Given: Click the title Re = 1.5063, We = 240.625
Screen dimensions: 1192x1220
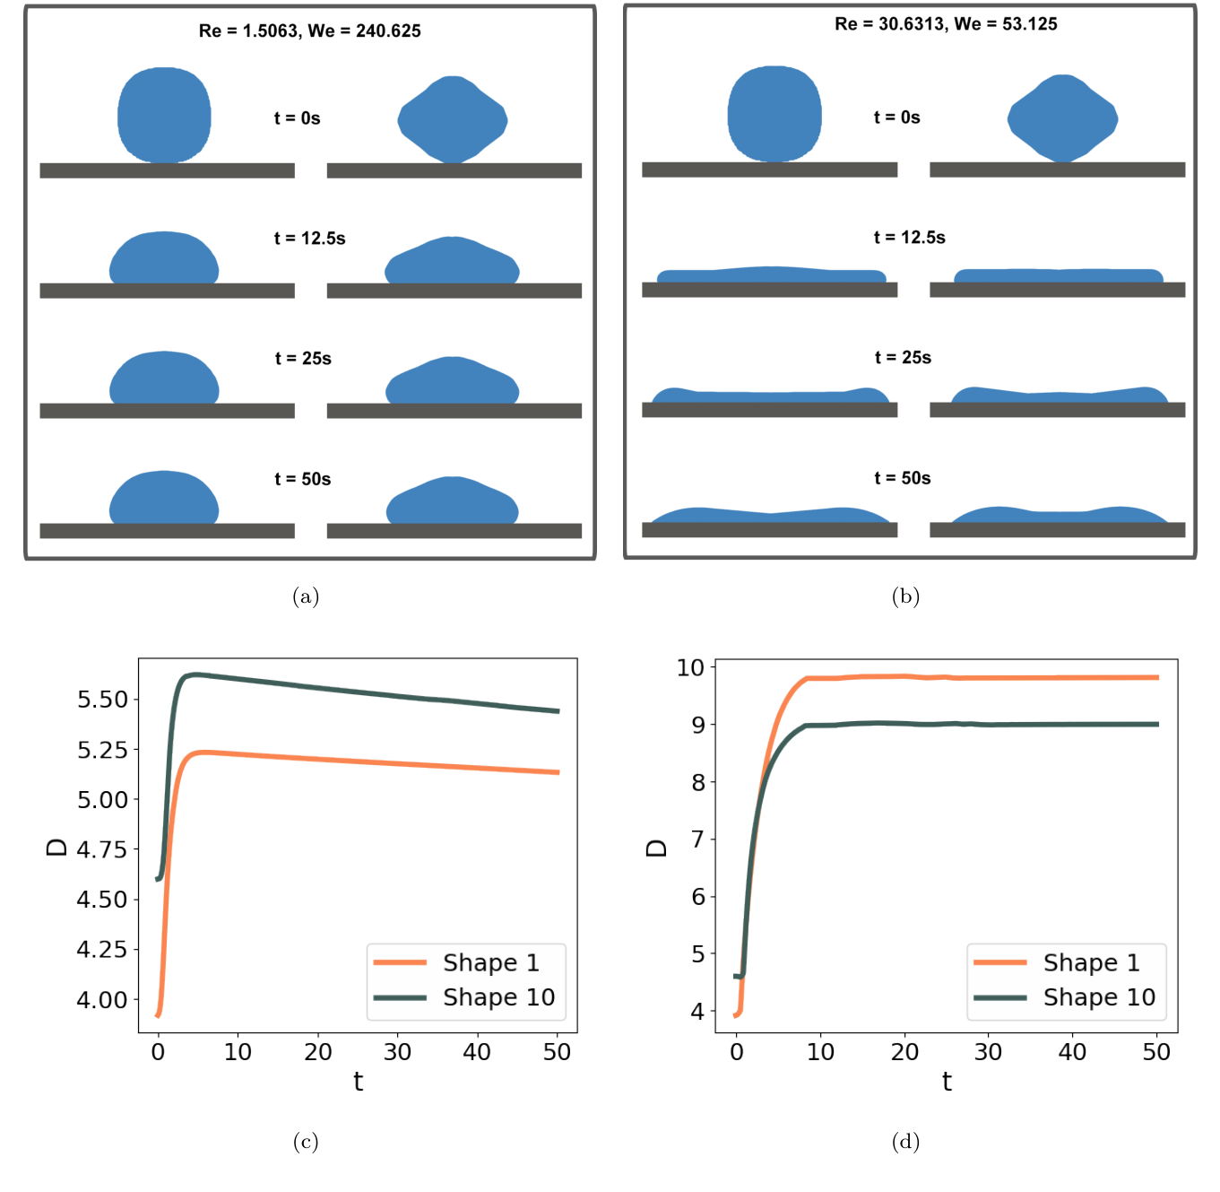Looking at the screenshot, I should click(309, 30).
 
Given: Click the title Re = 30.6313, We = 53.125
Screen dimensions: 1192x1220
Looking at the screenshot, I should click(946, 24).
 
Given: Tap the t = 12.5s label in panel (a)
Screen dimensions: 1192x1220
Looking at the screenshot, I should click(309, 239).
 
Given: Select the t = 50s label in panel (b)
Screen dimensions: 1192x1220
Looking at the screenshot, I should click(902, 478).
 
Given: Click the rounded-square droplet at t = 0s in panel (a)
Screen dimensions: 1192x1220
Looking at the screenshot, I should click(164, 115).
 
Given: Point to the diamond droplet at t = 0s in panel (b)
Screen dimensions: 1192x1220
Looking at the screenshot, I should click(1062, 118).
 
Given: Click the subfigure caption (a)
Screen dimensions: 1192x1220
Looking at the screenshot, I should click(306, 596).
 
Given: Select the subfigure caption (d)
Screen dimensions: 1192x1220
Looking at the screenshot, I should click(905, 1141).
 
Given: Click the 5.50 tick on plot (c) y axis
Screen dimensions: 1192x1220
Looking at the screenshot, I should click(102, 700).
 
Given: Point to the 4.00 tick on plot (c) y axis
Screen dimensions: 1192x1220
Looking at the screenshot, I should click(102, 999).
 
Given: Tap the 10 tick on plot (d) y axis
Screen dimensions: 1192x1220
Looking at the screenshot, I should click(690, 667).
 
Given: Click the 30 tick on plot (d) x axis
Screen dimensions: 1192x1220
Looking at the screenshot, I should click(988, 1052).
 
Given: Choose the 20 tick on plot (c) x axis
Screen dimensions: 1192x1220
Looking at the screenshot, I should click(317, 1052).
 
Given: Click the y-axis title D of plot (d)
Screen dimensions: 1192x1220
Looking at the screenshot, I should click(656, 848).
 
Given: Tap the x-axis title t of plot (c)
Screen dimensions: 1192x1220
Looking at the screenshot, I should click(358, 1082).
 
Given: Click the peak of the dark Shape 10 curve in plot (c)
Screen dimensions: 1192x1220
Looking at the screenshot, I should click(194, 674).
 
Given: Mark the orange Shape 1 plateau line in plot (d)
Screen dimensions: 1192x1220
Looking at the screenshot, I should click(986, 678).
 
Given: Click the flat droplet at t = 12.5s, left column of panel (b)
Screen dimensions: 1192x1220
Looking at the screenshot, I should click(771, 274).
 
